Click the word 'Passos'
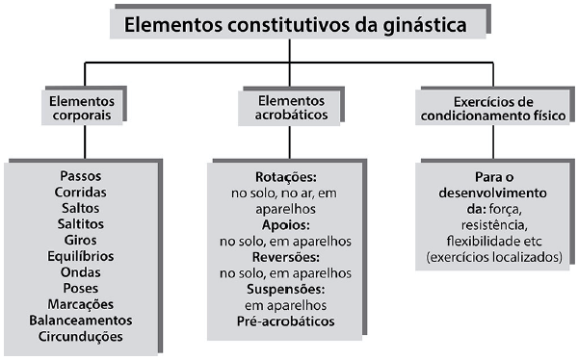pos(81,176)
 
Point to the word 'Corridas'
pos(81,193)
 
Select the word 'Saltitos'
pos(81,224)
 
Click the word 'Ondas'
pos(81,272)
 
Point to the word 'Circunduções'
pos(81,337)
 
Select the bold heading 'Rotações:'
pos(286,177)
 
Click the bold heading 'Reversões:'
pos(286,257)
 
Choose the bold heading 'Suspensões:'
pos(286,289)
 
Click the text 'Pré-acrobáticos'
pos(286,321)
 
